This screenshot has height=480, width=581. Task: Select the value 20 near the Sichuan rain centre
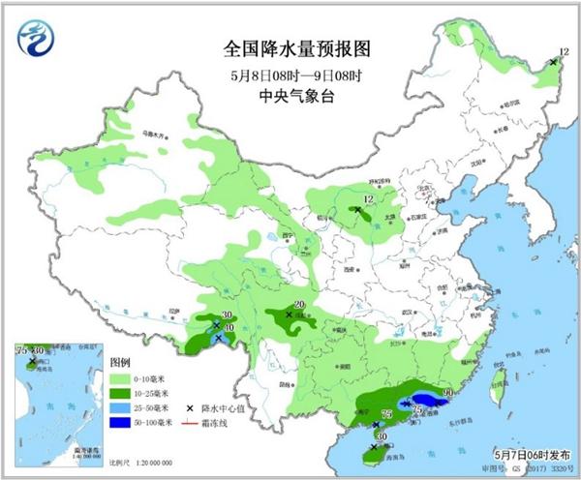click(299, 306)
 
